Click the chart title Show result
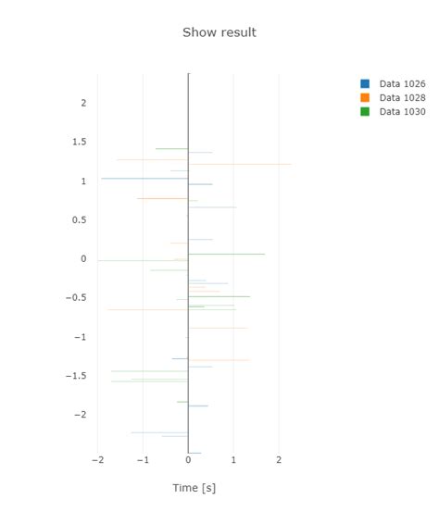pos(219,32)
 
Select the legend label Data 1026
pos(402,83)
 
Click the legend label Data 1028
pos(402,97)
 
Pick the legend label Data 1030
pos(402,111)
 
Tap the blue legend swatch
pos(365,83)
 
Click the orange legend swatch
pos(365,97)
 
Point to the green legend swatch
pos(365,111)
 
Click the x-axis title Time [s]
pos(194,488)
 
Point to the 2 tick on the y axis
pos(83,103)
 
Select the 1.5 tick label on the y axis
pos(79,142)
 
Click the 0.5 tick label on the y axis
pos(79,219)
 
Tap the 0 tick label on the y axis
pos(83,259)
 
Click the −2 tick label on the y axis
pos(80,414)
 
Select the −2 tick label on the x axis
pos(97,459)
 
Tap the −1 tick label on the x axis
pos(143,459)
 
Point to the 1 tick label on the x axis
pos(233,459)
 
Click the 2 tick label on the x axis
pos(279,459)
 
